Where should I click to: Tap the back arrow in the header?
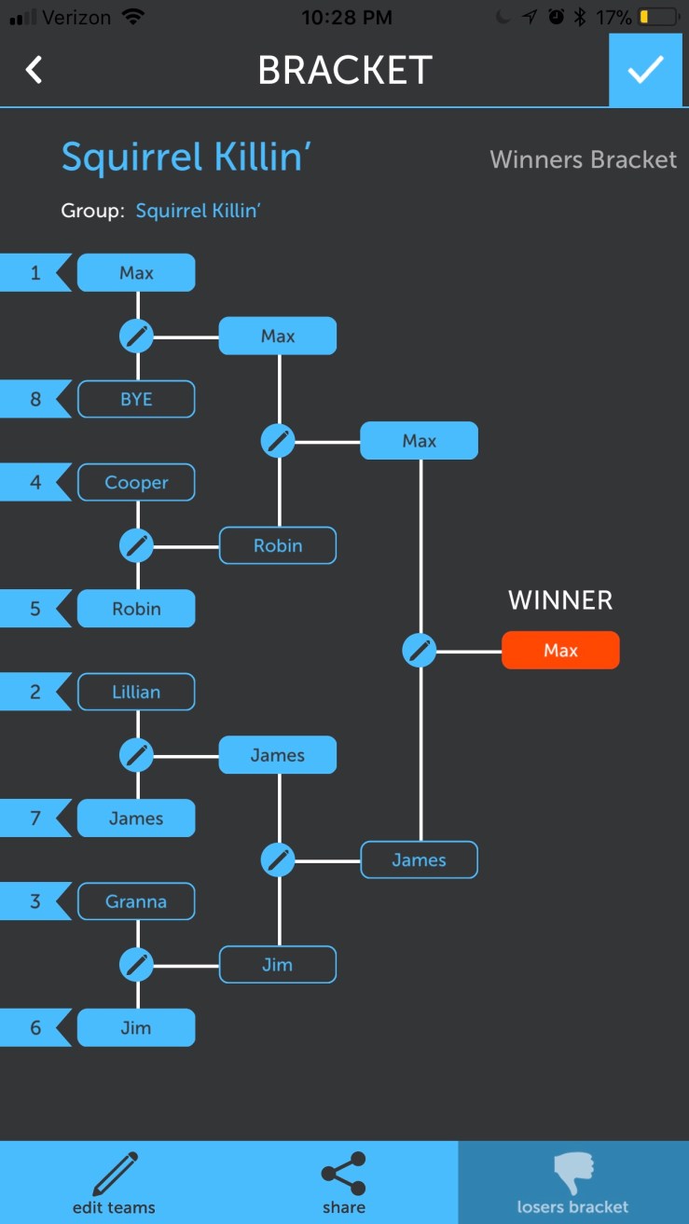point(34,70)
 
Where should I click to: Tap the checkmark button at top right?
point(645,70)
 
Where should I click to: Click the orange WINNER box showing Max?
point(560,651)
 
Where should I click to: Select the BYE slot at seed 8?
point(136,399)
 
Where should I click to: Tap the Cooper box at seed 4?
point(136,483)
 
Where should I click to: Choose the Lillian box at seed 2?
point(136,692)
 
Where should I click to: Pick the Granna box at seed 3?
point(136,901)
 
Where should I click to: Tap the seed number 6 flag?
point(35,1027)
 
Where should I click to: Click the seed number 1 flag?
point(35,272)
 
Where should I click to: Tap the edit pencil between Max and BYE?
point(137,336)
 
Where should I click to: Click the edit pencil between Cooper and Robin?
point(137,546)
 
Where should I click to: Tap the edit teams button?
point(114,1182)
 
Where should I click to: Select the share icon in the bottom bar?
point(344,1173)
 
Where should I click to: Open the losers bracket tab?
point(573,1182)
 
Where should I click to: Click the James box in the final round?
point(419,860)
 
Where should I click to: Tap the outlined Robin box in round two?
point(278,545)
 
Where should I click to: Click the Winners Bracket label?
point(583,159)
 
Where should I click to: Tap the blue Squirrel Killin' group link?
point(198,211)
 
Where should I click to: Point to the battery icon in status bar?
point(659,18)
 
